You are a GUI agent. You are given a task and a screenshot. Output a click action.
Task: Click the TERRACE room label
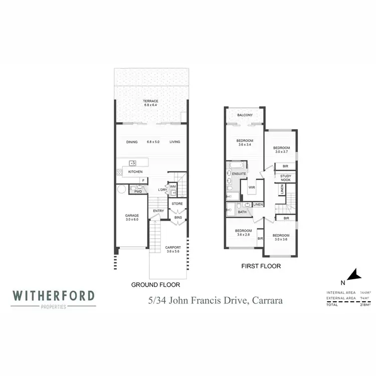[150, 101]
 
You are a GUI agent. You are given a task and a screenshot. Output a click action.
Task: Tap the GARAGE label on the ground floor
[132, 216]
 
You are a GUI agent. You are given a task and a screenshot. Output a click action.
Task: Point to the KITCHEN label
[135, 172]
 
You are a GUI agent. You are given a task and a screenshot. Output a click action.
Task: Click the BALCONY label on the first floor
[245, 115]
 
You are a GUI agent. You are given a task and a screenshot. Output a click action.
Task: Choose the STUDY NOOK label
[286, 177]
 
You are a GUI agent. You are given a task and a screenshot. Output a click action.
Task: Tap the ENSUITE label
[239, 173]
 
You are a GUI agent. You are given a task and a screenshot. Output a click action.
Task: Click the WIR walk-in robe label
[252, 189]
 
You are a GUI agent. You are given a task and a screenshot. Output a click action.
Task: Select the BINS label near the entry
[177, 218]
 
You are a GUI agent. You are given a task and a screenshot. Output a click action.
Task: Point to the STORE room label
[177, 204]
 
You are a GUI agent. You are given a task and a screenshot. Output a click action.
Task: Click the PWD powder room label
[138, 191]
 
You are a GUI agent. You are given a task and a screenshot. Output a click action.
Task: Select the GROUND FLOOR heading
[155, 285]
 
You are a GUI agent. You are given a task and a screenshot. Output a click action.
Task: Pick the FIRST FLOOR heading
[261, 266]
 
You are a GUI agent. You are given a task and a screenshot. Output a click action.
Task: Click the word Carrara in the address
[268, 301]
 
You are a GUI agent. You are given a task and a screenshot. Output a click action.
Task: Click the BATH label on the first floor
[242, 212]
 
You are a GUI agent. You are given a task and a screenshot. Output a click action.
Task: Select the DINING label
[132, 142]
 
